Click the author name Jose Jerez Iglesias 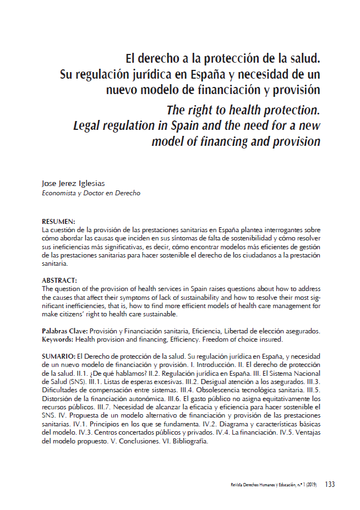[x=73, y=183]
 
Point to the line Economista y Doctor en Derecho [x=91, y=193]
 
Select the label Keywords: [x=58, y=339]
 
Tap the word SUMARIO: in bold [x=59, y=357]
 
